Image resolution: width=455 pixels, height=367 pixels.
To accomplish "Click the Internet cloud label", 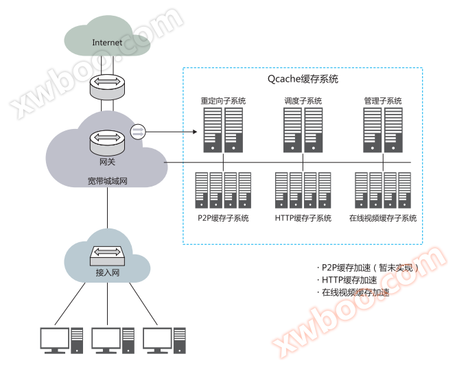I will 107,43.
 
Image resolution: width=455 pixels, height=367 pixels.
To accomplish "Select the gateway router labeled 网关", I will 107,142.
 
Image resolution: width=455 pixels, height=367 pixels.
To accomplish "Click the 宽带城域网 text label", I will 108,181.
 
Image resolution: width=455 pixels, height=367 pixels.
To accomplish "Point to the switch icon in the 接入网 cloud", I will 108,257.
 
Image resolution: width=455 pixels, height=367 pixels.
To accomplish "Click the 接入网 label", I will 108,273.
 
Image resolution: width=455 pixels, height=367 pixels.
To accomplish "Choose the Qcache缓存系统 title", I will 303,79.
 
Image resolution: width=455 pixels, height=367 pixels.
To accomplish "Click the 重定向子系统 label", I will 223,101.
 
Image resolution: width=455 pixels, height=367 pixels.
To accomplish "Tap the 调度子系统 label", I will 303,101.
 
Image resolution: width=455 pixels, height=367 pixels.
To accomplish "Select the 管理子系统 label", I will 383,101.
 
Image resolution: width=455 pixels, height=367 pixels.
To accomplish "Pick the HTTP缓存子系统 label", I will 303,218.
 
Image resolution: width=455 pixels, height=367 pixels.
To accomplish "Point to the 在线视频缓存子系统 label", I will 382,218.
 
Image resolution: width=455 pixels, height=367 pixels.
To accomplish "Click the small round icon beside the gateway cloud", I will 138,130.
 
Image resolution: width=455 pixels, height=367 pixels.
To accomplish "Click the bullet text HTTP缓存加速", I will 349,280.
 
